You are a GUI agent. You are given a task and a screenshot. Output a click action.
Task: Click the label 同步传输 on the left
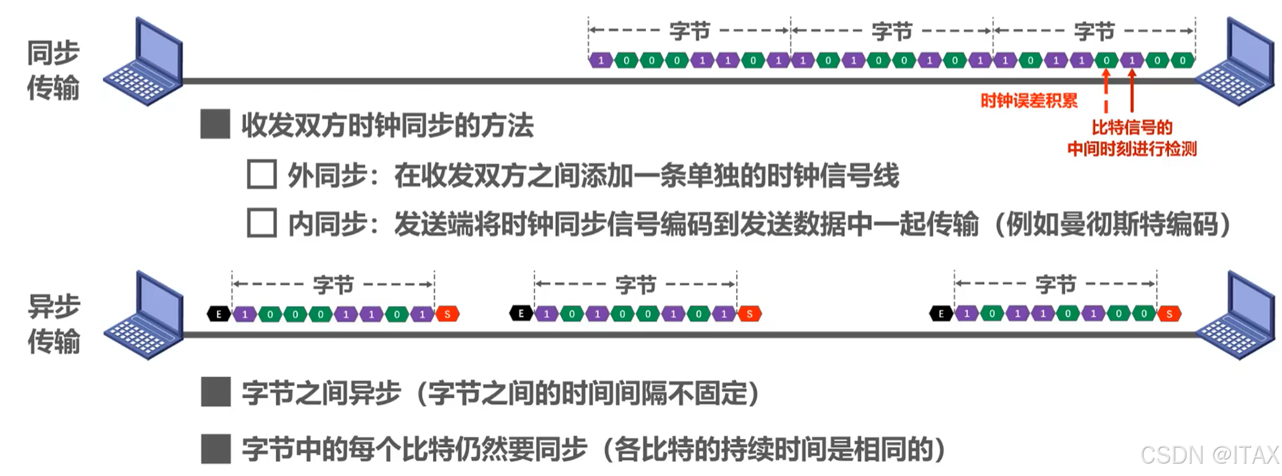(53, 70)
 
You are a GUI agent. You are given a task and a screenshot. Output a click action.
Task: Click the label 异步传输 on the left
(54, 324)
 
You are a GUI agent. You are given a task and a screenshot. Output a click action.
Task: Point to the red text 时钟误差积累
(1028, 101)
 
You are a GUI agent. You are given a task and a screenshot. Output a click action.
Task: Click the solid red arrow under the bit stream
(1131, 90)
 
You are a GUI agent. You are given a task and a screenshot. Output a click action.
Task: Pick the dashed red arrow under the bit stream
(1106, 90)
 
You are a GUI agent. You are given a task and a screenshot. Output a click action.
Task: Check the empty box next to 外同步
(262, 175)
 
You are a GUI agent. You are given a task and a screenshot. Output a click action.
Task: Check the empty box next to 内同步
(262, 223)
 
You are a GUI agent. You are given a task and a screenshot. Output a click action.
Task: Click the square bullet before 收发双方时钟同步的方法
(215, 124)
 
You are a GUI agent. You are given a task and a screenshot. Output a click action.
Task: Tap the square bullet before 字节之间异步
(216, 392)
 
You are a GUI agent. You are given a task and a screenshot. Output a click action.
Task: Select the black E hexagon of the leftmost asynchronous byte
(218, 314)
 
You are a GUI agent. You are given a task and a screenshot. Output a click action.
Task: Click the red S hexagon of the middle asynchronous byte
(750, 314)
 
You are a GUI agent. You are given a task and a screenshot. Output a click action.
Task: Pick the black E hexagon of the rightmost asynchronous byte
(941, 314)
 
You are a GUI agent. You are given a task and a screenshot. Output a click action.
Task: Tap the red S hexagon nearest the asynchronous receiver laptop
(1169, 314)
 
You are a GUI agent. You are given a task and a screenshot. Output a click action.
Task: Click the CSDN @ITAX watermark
(1209, 455)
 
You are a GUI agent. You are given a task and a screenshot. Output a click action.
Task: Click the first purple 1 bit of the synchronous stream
(601, 61)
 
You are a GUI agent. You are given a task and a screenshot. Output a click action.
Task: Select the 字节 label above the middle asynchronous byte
(635, 285)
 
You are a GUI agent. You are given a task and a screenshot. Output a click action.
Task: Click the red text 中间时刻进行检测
(1131, 149)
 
